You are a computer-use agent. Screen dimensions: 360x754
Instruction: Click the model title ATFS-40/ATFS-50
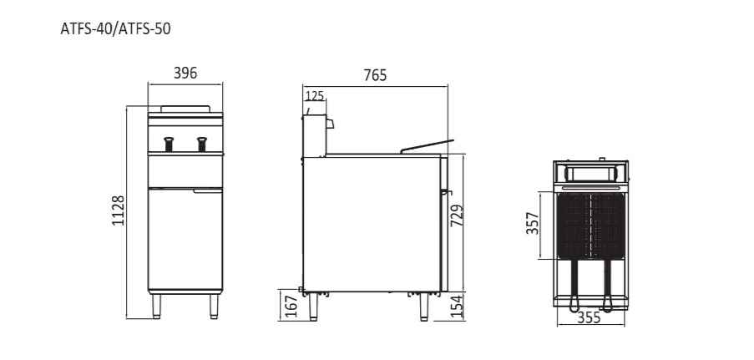coord(116,28)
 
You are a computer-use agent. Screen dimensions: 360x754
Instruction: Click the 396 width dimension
coord(185,74)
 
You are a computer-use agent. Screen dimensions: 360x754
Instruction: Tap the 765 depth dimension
coord(375,76)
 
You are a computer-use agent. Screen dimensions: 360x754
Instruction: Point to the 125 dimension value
coord(314,96)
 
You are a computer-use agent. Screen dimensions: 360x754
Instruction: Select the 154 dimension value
coord(457,306)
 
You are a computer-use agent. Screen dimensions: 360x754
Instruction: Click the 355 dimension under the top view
coord(590,318)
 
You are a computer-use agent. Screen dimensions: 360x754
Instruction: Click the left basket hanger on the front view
coord(169,144)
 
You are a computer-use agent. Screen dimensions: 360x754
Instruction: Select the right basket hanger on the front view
coord(201,144)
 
